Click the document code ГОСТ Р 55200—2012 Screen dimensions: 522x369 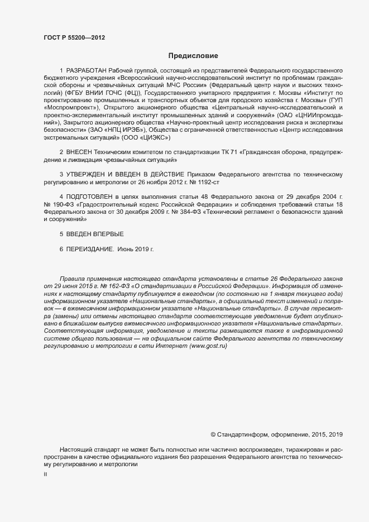click(74, 38)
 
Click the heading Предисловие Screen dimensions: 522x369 click(193, 56)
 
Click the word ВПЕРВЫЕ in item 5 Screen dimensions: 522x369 click(107, 234)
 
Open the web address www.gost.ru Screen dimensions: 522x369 click(209, 347)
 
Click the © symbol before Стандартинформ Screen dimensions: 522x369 click(213, 434)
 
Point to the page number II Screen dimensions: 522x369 click(45, 475)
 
